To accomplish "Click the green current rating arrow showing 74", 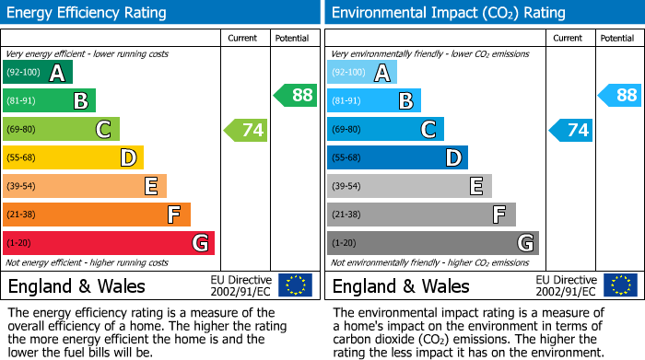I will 247,130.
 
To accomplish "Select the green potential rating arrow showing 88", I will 296,95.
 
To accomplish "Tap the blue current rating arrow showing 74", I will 571,130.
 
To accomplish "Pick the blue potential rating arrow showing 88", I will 620,95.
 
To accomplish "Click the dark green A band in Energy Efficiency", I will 38,73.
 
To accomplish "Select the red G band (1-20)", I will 109,243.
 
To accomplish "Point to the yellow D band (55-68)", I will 73,157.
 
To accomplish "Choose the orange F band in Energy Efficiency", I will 97,215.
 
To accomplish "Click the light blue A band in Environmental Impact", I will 362,73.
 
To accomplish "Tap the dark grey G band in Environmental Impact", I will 432,243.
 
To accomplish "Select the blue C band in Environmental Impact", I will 385,130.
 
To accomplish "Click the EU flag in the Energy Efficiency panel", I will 295,285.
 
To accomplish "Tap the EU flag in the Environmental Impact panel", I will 619,285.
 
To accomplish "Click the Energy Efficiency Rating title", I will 88,13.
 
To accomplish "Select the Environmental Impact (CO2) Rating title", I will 448,13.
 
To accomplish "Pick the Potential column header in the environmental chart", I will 617,38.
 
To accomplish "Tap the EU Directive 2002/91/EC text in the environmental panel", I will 565,285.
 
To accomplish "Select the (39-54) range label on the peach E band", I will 22,187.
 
